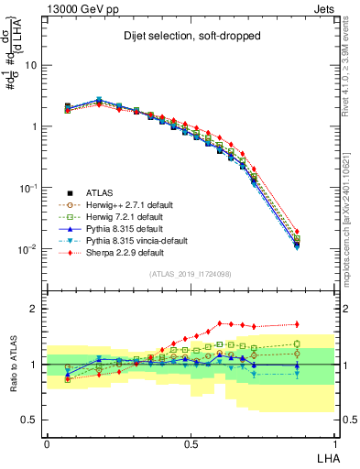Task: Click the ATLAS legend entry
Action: (100, 192)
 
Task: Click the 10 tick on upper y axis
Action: (32, 66)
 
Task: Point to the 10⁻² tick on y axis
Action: (27, 249)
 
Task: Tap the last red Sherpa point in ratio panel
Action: (322, 323)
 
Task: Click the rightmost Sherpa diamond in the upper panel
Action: (322, 232)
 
